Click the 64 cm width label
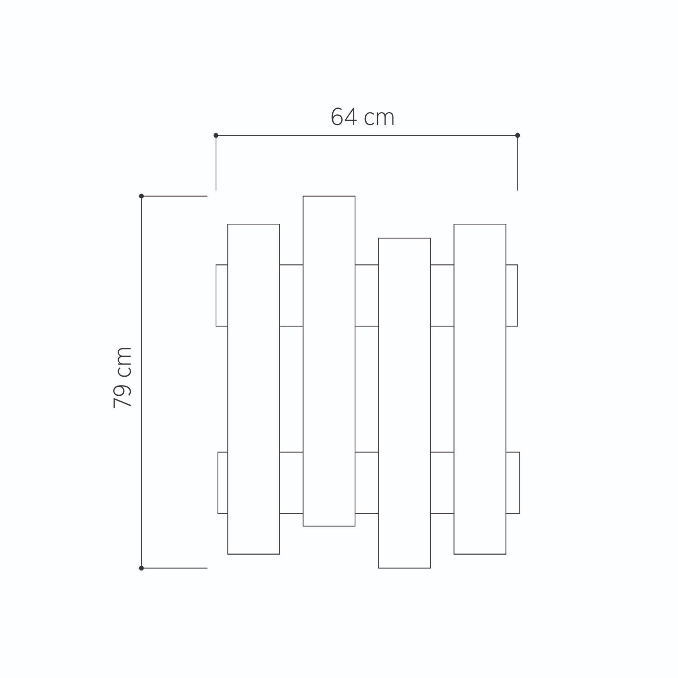pos(362,117)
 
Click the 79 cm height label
pos(123,378)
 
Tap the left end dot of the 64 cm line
pos(216,135)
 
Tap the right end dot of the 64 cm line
pos(517,135)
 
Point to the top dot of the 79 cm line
pos(142,196)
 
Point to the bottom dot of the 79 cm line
pos(142,568)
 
